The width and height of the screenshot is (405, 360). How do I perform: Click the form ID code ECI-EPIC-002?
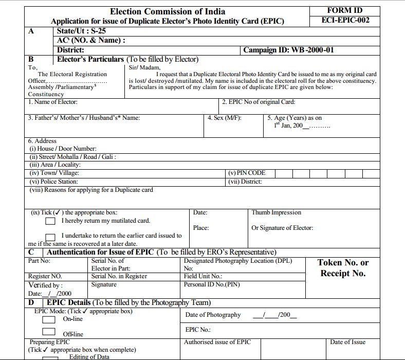coord(345,21)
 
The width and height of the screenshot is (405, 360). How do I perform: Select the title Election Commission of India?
coord(167,11)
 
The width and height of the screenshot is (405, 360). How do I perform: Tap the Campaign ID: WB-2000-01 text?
coord(288,50)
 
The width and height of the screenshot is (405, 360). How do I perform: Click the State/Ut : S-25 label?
coord(81,31)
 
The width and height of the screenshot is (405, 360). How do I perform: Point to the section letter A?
coord(31,31)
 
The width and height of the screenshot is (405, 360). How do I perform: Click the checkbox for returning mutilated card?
coord(50,221)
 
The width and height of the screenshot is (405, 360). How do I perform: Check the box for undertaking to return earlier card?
coord(50,236)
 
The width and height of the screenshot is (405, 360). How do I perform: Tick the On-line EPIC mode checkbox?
coord(49,319)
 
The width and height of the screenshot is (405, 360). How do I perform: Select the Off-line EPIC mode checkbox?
coord(49,332)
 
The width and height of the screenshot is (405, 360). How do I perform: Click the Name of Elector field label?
coord(53,102)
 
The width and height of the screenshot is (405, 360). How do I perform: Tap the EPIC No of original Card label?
coord(259,102)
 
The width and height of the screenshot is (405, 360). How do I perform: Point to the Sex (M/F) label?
coord(225,118)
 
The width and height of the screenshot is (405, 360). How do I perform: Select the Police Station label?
coord(54,182)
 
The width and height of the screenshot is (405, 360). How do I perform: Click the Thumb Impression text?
coord(277,212)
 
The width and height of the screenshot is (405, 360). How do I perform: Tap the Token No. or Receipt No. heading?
coord(343,268)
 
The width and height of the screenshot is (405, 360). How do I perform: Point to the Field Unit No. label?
coord(203,276)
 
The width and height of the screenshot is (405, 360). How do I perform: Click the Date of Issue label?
coord(347,342)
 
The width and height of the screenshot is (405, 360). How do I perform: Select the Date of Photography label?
coord(213,315)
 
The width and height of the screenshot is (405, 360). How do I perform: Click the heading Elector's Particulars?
coord(90,59)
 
